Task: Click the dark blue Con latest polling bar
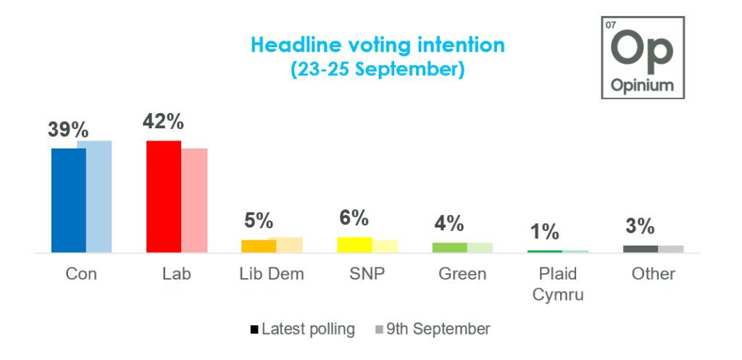point(69,201)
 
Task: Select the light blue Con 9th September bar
point(95,197)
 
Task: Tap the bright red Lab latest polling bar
point(164,197)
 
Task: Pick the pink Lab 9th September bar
point(194,201)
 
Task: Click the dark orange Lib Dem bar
point(259,246)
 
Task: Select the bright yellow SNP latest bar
point(355,245)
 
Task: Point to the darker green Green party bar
point(449,248)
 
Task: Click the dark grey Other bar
point(641,249)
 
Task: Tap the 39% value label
point(68,130)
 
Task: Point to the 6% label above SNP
point(354,218)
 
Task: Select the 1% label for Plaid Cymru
point(544,232)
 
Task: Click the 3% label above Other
point(641,227)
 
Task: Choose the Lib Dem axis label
point(271,275)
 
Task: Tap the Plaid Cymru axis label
point(558,285)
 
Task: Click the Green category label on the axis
point(462,275)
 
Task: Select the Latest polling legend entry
point(302,329)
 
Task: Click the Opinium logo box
point(642,57)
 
